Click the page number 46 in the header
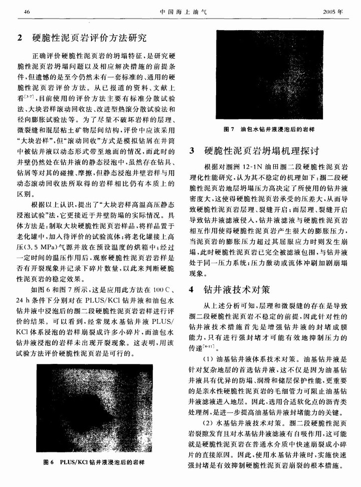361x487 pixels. point(27,11)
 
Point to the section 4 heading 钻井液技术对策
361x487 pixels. point(236,289)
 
